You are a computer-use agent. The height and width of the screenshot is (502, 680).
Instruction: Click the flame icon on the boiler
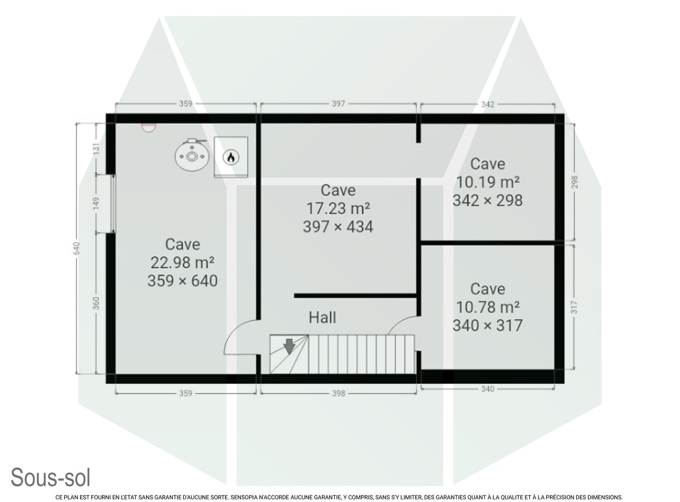tap(230, 158)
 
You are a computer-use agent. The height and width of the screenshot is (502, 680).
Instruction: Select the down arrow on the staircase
tap(289, 346)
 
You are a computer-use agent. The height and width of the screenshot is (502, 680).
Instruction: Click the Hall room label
tap(322, 318)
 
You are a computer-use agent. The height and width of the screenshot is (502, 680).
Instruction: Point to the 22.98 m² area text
tap(182, 263)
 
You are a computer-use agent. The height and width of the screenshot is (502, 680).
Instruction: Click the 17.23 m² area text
tap(338, 208)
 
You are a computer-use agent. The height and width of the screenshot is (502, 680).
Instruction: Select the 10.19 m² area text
tap(488, 182)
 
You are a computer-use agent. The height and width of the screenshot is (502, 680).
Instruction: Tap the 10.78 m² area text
tap(488, 307)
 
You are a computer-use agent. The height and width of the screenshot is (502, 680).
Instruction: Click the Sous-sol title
tap(51, 478)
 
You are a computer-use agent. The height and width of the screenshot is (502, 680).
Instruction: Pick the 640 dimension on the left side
tap(76, 248)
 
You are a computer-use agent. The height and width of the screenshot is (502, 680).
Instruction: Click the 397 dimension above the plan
tap(338, 104)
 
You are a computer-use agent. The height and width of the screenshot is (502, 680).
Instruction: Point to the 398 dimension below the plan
tap(339, 393)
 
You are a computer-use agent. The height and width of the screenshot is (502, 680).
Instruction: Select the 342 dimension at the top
tap(488, 104)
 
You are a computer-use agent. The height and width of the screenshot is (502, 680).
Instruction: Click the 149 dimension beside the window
tap(96, 203)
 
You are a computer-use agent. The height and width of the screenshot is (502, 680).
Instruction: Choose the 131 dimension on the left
tap(96, 149)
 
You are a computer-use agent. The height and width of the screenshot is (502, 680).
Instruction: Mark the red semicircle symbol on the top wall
tap(149, 127)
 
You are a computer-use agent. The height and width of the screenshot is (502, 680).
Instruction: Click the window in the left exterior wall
tap(113, 204)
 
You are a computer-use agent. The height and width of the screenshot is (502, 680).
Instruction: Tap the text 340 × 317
tap(488, 326)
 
